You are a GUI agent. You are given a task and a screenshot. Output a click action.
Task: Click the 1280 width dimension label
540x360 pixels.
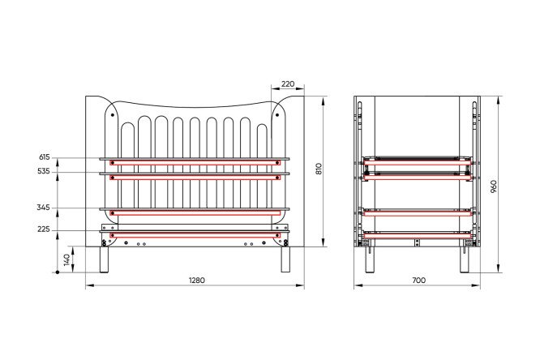pos(197,281)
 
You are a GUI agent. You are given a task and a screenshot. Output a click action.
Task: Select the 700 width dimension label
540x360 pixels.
pos(418,281)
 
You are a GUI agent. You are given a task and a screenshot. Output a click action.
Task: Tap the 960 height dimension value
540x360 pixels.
pos(494,186)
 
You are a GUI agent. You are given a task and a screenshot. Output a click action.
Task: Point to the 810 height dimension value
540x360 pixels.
pos(319,169)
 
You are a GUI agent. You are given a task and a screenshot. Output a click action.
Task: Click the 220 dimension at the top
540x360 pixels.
pos(288,84)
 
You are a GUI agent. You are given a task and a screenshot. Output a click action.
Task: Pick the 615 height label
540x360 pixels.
pos(45,157)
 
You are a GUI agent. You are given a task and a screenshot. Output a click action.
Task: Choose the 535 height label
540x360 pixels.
pos(44,171)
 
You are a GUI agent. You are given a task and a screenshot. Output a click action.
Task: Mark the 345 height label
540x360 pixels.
pos(44,208)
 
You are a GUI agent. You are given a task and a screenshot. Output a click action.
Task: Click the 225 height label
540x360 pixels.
pos(44,229)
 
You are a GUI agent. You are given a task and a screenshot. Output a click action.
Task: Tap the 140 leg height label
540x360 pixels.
pos(68,259)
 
